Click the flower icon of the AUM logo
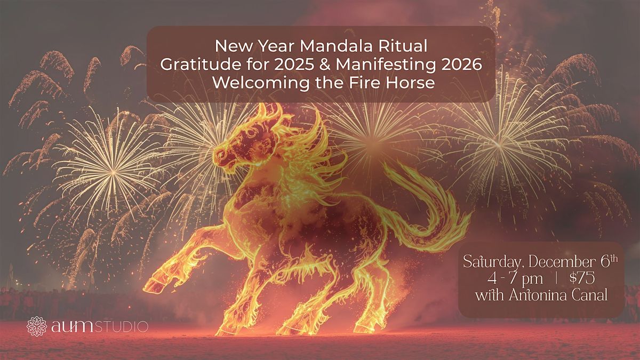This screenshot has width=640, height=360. pyautogui.click(x=37, y=326)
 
